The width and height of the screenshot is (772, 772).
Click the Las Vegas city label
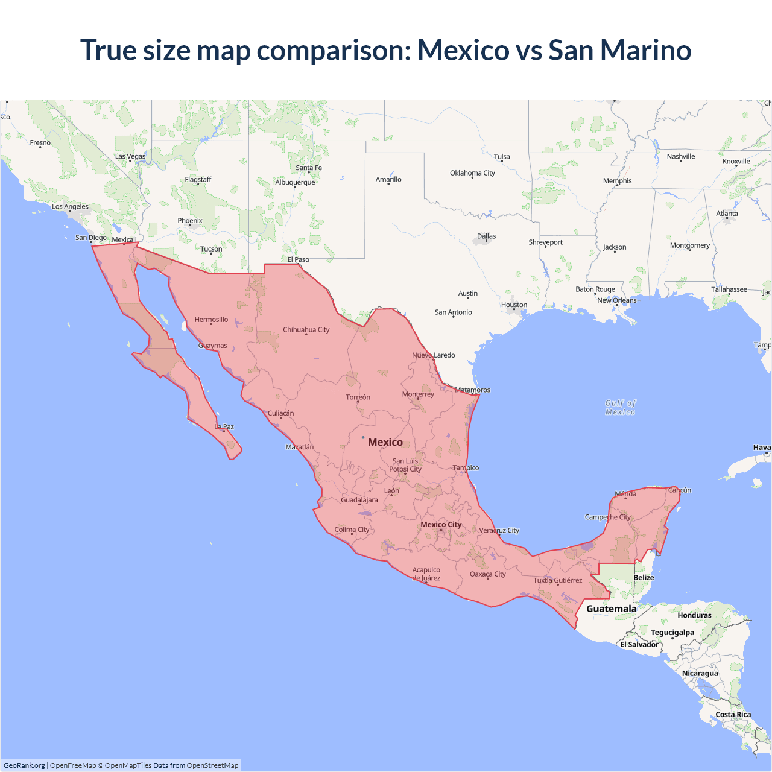point(130,156)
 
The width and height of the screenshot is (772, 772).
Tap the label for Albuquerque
point(295,182)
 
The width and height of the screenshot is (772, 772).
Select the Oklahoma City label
point(472,173)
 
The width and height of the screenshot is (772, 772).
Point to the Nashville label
point(681,156)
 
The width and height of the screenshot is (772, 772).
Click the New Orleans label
point(616,300)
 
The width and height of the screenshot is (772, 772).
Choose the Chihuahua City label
point(306,330)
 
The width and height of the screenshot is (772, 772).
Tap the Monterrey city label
point(418,394)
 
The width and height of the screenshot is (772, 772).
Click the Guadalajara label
point(359,500)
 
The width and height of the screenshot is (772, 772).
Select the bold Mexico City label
point(441,524)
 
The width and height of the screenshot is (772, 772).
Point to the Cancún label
point(679,490)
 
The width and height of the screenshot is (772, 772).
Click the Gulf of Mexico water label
point(621,407)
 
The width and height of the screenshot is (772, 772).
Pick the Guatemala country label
point(612,609)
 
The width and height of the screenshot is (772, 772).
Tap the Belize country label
point(644,577)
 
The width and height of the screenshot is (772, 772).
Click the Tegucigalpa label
point(672,632)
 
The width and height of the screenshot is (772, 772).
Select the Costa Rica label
point(733,714)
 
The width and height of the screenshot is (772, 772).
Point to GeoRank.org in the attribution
point(24,765)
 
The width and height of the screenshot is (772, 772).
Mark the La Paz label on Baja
point(224,426)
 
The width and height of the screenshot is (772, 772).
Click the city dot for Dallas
point(486,242)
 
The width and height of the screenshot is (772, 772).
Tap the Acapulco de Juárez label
point(426,574)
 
